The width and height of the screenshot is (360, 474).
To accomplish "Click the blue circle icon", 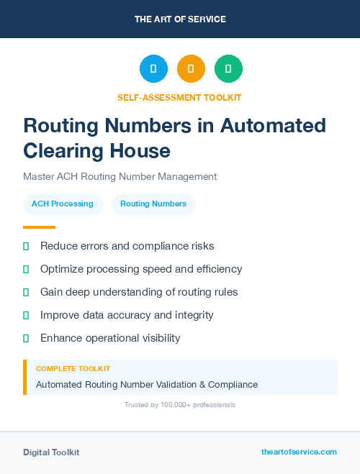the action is coord(153,69).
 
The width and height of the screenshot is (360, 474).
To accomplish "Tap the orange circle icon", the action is coord(191,69).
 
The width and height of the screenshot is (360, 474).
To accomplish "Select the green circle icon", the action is coord(228,69).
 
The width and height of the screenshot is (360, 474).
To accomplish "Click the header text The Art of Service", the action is coord(180,19).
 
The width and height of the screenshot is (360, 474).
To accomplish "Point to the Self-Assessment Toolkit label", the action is coord(179,98).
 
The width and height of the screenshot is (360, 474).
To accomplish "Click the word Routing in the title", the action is coord(61,126).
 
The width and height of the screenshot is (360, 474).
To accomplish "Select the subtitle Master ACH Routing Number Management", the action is coord(120,176).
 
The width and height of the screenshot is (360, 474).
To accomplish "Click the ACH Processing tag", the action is coord(63,204).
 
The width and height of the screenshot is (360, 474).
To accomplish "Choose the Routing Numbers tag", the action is coord(153,204).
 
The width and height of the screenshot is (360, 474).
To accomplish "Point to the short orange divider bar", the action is coord(34,227).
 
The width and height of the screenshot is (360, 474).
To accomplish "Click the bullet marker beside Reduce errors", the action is coord(26,246).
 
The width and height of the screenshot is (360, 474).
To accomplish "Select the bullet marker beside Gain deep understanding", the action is coord(26,292).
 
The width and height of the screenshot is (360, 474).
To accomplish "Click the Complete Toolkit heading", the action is coord(73,368).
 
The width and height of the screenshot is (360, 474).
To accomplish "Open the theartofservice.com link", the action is coord(299,452).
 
